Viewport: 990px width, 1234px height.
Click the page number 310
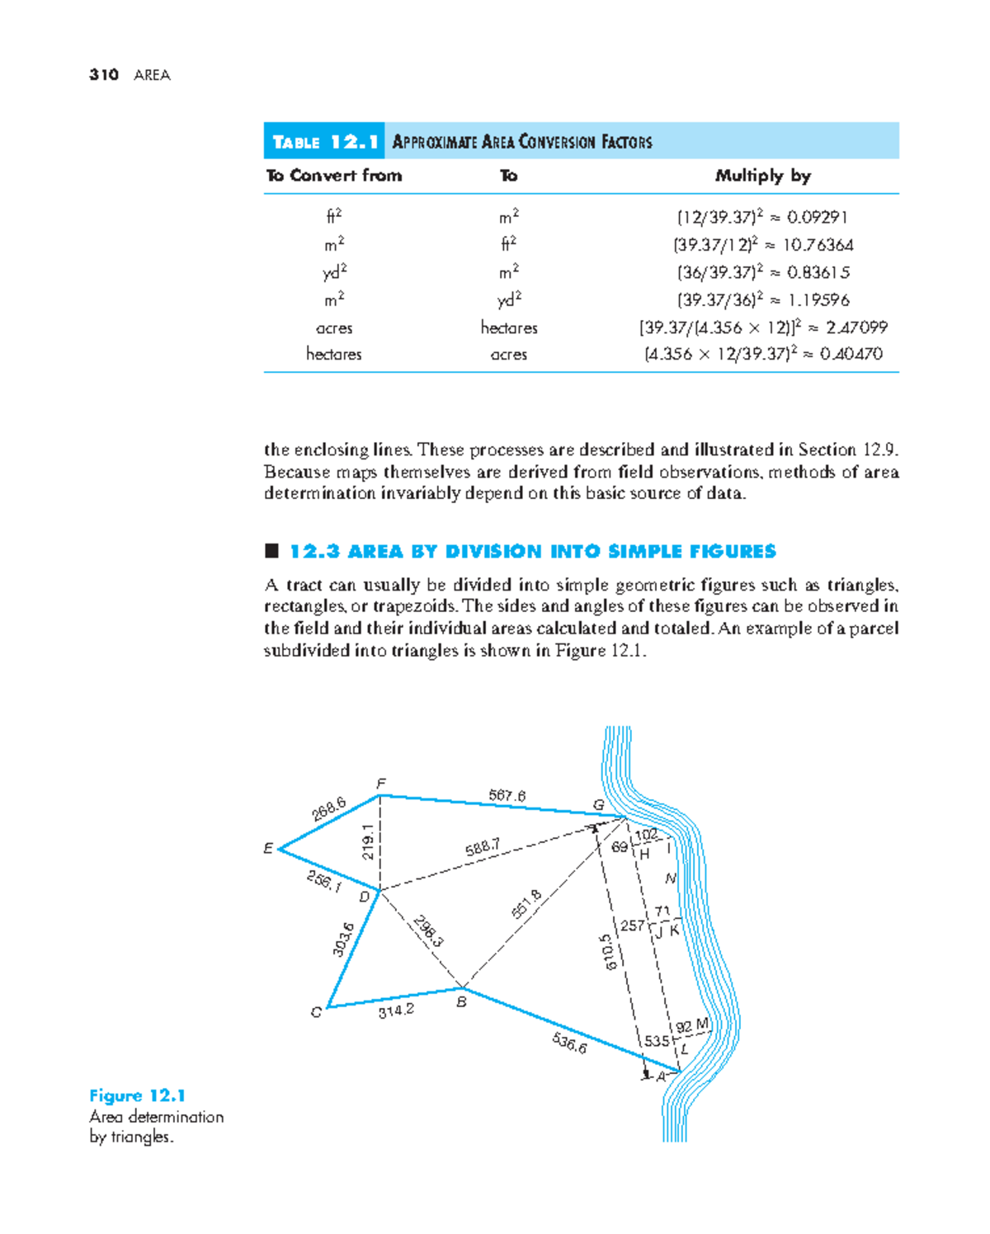coord(104,75)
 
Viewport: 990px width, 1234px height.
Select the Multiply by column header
coord(762,176)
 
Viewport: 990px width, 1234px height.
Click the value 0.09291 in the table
coord(817,218)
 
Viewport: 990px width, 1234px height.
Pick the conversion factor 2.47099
coord(856,327)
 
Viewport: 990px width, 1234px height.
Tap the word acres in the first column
coord(334,328)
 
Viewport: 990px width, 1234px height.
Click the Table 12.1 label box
coord(324,142)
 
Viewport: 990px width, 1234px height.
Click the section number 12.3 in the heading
coord(314,552)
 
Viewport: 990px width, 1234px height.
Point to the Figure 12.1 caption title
coord(137,1096)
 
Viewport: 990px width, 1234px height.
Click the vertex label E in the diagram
coord(268,848)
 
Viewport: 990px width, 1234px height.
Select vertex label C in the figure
coord(316,1012)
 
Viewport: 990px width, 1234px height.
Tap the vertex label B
coord(462,1002)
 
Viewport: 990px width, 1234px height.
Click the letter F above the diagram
coord(381,784)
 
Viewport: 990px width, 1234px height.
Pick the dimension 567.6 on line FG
coord(507,796)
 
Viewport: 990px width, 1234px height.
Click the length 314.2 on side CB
coord(396,1010)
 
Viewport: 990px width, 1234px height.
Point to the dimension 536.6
coord(569,1043)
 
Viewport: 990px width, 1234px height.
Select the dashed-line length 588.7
coord(483,847)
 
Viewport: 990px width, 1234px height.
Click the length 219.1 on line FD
coord(368,841)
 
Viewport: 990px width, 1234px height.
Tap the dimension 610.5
coord(608,952)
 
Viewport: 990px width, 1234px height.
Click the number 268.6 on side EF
coord(328,808)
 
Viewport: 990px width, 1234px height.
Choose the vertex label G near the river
coord(598,805)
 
